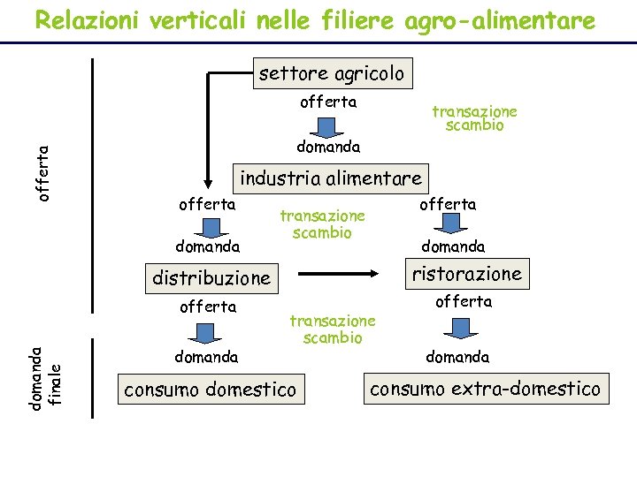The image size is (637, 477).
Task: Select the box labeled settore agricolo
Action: (331, 73)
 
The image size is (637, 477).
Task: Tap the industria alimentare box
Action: (331, 178)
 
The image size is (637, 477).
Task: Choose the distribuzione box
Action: (211, 277)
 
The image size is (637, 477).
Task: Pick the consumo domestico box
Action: (211, 389)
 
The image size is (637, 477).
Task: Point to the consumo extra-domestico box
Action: (485, 389)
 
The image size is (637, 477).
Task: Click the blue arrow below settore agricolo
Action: (327, 125)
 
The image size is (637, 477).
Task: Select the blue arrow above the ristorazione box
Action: (448, 225)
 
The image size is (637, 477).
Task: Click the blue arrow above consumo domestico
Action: (206, 332)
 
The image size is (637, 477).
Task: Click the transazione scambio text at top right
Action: (474, 118)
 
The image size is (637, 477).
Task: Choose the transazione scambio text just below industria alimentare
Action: (322, 224)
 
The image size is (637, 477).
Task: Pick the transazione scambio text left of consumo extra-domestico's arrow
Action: (333, 329)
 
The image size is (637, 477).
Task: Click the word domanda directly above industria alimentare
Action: (327, 146)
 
